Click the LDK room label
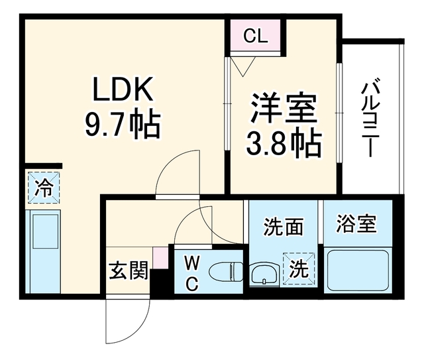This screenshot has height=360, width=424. tap(123, 89)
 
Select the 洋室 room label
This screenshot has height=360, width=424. tap(284, 108)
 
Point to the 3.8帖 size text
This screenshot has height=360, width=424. tap(284, 143)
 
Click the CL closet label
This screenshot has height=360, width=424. tap(256, 36)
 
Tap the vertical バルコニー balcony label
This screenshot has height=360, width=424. tap(370, 117)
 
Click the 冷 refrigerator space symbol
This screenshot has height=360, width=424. tap(44, 188)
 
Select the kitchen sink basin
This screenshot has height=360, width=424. tap(46, 231)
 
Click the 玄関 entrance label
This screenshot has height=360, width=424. tap(129, 270)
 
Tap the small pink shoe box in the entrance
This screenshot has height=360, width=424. tap(160, 258)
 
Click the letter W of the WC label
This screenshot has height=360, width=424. tap(191, 263)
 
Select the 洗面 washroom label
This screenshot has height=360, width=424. tap(283, 226)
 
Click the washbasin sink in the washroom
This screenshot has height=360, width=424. tap(264, 274)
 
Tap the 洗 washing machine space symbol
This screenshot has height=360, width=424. tap(299, 269)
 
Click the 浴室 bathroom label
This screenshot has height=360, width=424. tap(356, 223)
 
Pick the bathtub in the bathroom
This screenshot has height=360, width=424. tap(358, 270)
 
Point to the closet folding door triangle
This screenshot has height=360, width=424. tap(243, 66)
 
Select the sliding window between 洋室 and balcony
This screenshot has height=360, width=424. tap(339, 113)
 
